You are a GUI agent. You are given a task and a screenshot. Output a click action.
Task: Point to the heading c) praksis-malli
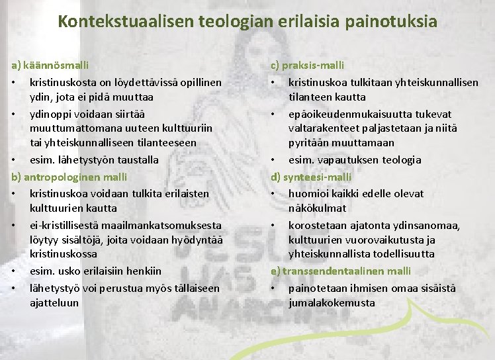[x=307, y=66]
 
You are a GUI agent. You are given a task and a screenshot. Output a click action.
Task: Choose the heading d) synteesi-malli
[x=311, y=177]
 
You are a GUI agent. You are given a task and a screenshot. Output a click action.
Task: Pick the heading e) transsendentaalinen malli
[x=340, y=271]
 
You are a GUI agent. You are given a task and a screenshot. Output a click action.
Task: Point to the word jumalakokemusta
[x=332, y=303]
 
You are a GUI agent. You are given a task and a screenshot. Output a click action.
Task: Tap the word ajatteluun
[x=54, y=303]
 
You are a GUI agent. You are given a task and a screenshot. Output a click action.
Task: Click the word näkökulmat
[x=317, y=208]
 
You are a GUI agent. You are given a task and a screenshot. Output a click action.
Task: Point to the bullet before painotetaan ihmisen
[x=273, y=288]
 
